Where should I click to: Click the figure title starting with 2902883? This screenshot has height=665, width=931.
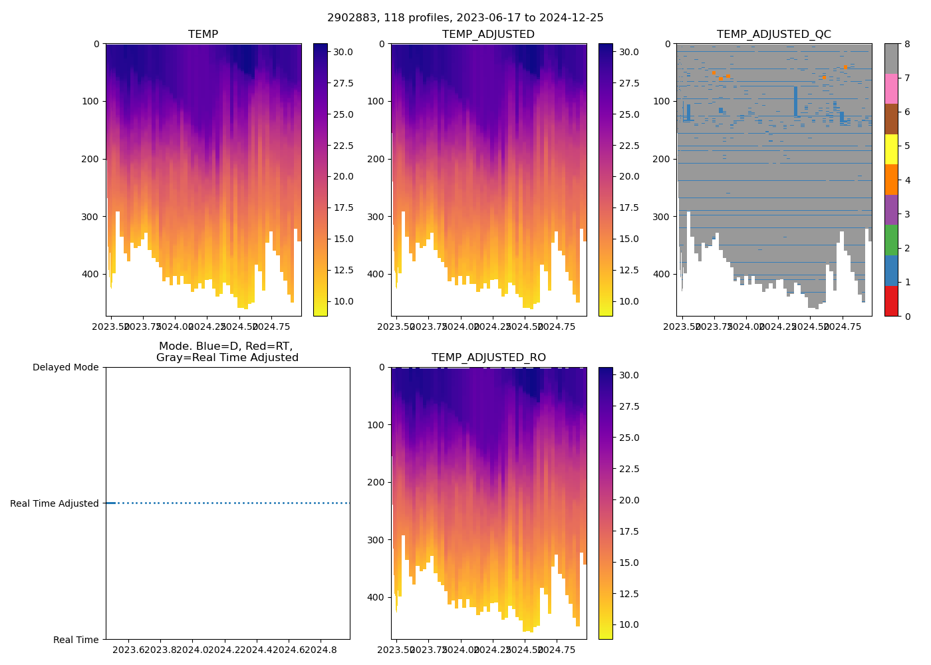pyautogui.click(x=465, y=18)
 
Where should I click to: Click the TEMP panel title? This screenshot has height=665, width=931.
pyautogui.click(x=203, y=35)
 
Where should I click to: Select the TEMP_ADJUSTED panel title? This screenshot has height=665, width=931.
pyautogui.click(x=488, y=35)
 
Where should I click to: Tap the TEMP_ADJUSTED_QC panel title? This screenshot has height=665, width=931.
pyautogui.click(x=773, y=35)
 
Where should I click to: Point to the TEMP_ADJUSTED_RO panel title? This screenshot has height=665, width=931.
pyautogui.click(x=488, y=358)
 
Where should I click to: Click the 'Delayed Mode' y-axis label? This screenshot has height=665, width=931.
pyautogui.click(x=65, y=367)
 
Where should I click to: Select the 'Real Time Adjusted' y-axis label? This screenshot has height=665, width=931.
pyautogui.click(x=55, y=503)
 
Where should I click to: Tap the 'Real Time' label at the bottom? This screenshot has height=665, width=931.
pyautogui.click(x=76, y=640)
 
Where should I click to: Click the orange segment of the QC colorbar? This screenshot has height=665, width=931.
pyautogui.click(x=891, y=180)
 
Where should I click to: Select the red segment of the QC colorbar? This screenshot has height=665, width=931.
pyautogui.click(x=891, y=301)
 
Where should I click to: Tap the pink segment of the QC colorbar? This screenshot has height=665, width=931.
pyautogui.click(x=891, y=88)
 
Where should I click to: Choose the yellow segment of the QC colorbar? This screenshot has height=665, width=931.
pyautogui.click(x=891, y=149)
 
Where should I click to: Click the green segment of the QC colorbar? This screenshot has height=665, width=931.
pyautogui.click(x=891, y=240)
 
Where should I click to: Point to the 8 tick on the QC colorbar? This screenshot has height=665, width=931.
pyautogui.click(x=905, y=44)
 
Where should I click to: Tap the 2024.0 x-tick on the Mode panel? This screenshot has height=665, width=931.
pyautogui.click(x=193, y=649)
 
